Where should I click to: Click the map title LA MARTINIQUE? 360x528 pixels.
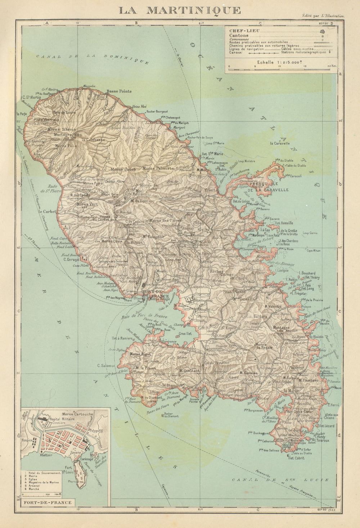click(x=180, y=10)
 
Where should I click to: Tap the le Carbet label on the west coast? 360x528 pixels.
click(x=48, y=212)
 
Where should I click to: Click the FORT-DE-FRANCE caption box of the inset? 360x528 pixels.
click(x=46, y=502)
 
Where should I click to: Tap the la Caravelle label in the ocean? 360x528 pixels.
click(x=280, y=143)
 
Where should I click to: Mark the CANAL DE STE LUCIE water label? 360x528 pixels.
click(x=280, y=480)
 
